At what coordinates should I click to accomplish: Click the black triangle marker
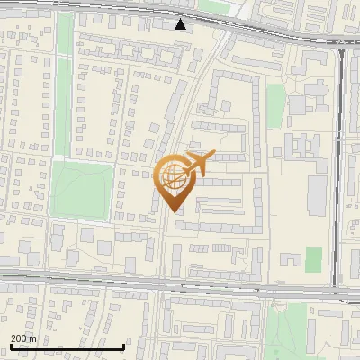pyautogui.click(x=182, y=24)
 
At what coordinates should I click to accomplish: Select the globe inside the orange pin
pyautogui.click(x=173, y=177)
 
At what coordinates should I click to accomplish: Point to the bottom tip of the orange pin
pyautogui.click(x=173, y=211)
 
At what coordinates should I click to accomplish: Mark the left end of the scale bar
pyautogui.click(x=11, y=346)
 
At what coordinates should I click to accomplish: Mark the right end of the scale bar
pyautogui.click(x=124, y=346)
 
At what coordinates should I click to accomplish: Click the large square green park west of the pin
pyautogui.click(x=82, y=189)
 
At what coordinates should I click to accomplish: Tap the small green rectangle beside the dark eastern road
pyautogui.click(x=313, y=259)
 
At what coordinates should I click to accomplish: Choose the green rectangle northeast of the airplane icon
pyautogui.click(x=299, y=105)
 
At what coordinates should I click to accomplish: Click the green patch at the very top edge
pyautogui.click(x=214, y=5)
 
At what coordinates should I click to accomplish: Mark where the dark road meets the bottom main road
pyautogui.click(x=340, y=290)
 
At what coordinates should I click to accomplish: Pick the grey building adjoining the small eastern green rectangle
pyautogui.click(x=290, y=259)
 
